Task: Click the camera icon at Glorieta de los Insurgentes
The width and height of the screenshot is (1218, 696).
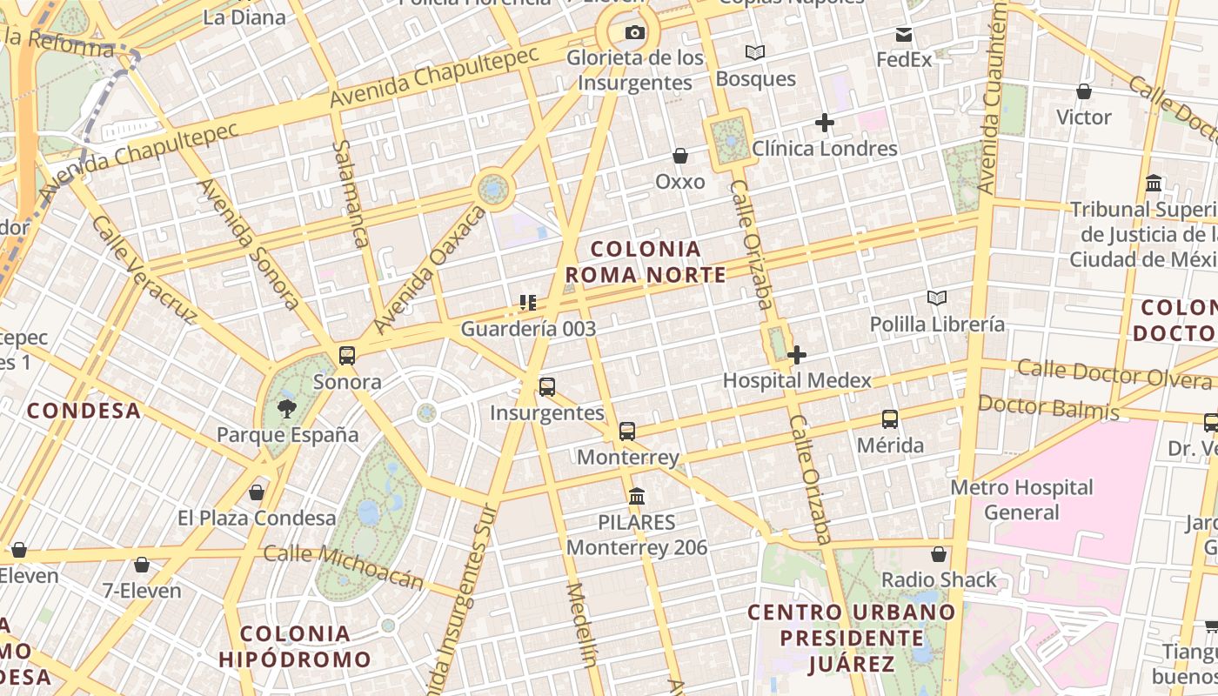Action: tap(636, 33)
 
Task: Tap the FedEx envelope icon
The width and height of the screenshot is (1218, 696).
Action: tap(904, 35)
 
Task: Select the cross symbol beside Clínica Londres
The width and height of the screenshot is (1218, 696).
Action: tap(825, 123)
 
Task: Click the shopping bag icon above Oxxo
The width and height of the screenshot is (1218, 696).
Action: tap(680, 156)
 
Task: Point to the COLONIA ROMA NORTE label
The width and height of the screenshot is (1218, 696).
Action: tap(646, 262)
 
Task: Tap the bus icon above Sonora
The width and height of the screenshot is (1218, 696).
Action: tap(347, 355)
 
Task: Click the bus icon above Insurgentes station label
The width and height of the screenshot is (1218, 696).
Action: tap(547, 387)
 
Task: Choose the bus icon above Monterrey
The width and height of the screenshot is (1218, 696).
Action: tap(627, 431)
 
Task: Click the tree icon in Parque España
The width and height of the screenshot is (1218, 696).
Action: tap(286, 409)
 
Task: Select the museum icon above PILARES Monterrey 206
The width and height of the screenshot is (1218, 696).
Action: tap(637, 496)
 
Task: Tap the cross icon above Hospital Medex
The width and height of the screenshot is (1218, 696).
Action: tap(797, 354)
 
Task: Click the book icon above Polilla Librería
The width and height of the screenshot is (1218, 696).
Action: tap(937, 298)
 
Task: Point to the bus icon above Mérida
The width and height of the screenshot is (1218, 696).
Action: tap(890, 419)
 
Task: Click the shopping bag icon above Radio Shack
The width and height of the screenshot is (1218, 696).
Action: tap(939, 554)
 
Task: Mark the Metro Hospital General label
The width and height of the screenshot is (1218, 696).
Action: tap(1021, 499)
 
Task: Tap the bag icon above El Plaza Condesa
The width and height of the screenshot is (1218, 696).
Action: tap(257, 492)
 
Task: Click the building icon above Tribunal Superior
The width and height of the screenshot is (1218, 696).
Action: tap(1154, 184)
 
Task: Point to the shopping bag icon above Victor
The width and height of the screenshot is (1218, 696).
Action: tap(1084, 91)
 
